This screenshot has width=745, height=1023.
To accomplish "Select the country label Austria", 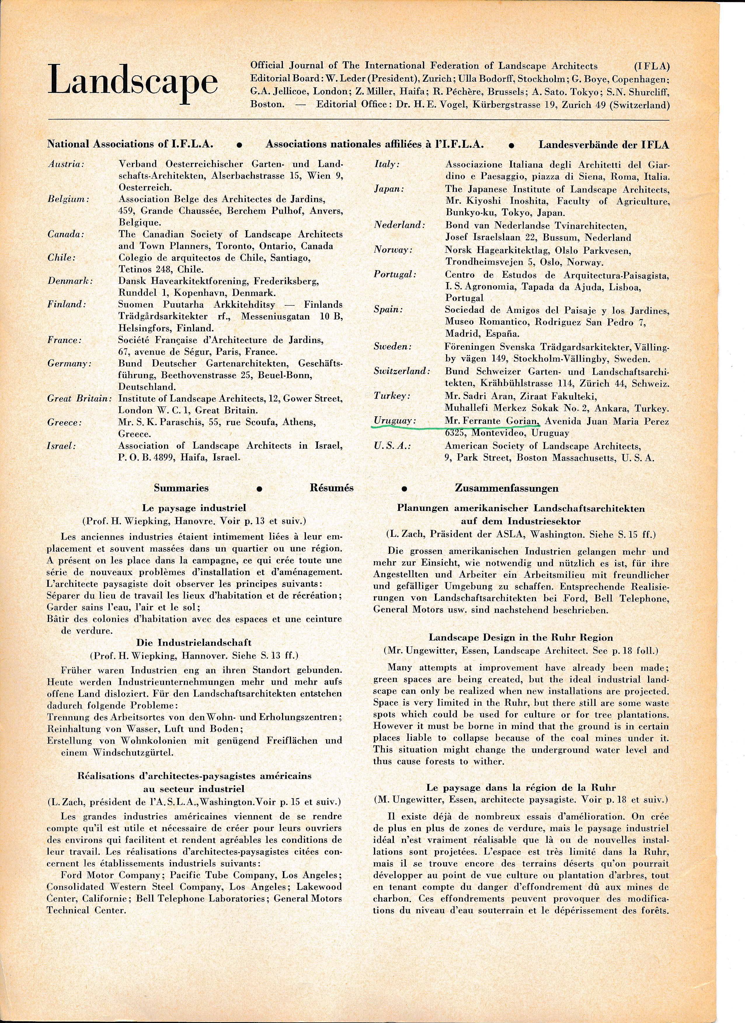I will point(66,164).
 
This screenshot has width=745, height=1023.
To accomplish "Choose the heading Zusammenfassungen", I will point(506,488).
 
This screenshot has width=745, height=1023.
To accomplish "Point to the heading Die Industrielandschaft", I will point(194,642).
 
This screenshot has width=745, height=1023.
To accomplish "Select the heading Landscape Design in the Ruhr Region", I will point(521,637).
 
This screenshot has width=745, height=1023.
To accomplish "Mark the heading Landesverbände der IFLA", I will point(603,145).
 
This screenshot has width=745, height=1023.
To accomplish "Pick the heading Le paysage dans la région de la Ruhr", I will point(521,788).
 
